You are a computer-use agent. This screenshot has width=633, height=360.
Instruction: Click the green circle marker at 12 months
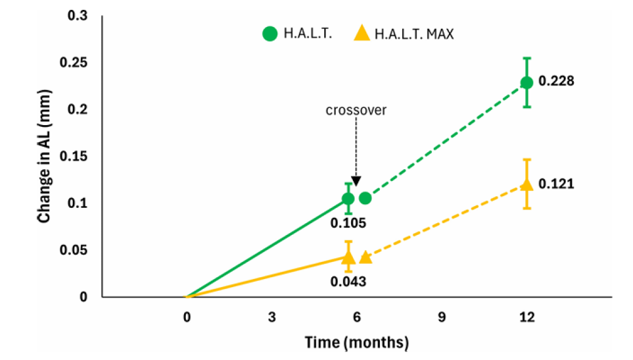pos(527,83)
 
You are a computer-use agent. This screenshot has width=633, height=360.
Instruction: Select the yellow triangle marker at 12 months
pos(527,184)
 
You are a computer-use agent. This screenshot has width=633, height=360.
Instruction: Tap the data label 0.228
pos(556,81)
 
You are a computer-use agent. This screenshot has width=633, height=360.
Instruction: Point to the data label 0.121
pos(556,184)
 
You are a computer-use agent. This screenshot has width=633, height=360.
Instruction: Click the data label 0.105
pos(348,223)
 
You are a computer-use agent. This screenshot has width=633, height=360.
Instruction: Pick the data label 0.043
pos(348,281)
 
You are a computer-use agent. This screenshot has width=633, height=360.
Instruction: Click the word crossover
pos(356,110)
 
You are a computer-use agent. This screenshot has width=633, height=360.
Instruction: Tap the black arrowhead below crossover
pos(356,181)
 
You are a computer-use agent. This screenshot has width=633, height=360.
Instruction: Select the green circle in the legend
pos(270,33)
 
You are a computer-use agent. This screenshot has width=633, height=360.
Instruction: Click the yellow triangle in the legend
pos(362,33)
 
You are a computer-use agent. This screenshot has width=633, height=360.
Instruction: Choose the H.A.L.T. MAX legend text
pos(414,33)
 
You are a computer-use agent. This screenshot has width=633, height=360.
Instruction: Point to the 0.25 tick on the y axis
pos(73,62)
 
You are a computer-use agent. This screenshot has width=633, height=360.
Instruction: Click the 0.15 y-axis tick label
pos(73,156)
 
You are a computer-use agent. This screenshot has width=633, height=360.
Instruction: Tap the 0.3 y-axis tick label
pos(77,16)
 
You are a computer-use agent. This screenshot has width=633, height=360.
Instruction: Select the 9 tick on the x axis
pos(442,317)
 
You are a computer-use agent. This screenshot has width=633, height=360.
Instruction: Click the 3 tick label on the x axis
pos(272,317)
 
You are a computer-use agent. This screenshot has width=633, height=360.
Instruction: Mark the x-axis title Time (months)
pos(356,342)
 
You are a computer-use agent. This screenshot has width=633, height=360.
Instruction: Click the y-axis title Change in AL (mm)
pos(44,156)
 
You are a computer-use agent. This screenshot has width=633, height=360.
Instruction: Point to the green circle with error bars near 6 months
pos(348,198)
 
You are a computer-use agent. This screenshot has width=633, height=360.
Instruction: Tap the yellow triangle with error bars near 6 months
pos(348,257)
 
